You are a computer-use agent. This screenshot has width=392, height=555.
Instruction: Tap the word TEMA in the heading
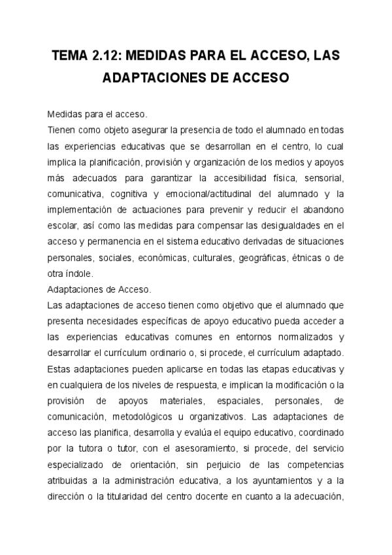(69, 56)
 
